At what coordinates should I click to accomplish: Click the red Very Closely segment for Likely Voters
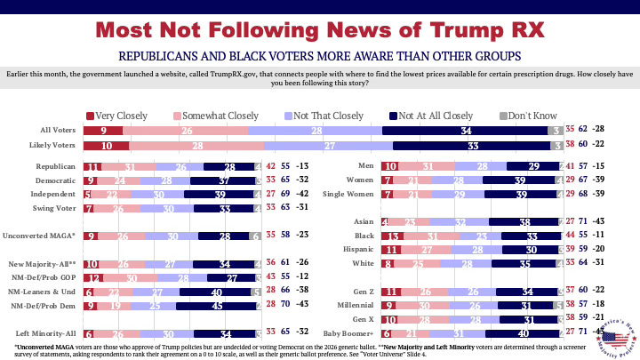107,146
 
